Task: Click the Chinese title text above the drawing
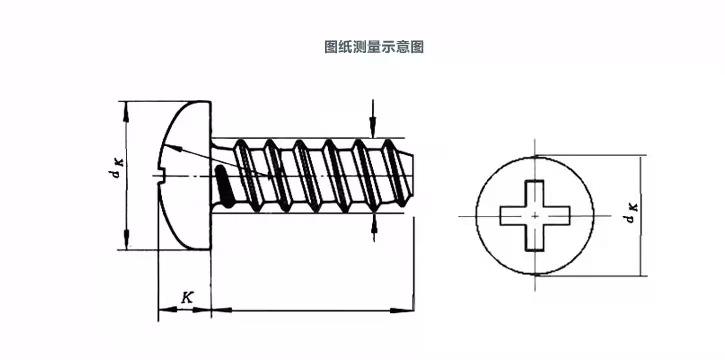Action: pyautogui.click(x=374, y=47)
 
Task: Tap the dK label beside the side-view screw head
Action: pyautogui.click(x=115, y=168)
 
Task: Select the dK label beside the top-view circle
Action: pyautogui.click(x=631, y=213)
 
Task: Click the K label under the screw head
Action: pyautogui.click(x=186, y=297)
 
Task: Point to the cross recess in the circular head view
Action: pyautogui.click(x=535, y=215)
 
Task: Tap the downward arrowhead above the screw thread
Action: pyautogui.click(x=373, y=128)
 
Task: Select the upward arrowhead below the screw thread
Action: pyautogui.click(x=374, y=223)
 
